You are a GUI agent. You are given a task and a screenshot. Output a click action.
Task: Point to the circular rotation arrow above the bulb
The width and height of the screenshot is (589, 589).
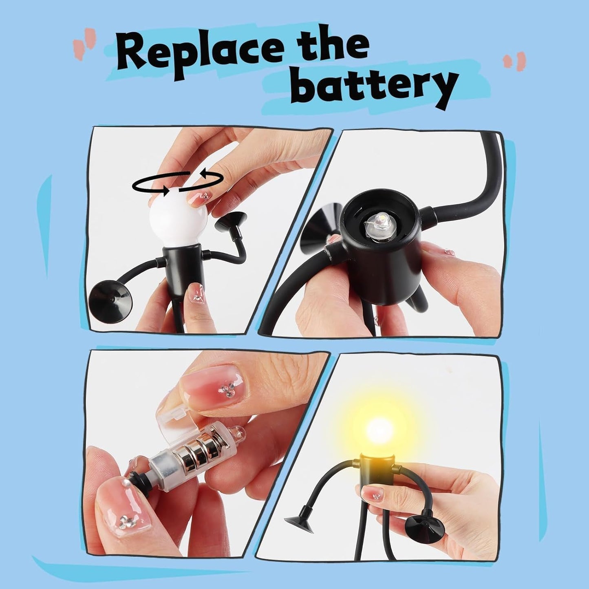coord(178,183)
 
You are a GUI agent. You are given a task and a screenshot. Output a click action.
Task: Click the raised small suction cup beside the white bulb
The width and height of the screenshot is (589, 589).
coord(230,221)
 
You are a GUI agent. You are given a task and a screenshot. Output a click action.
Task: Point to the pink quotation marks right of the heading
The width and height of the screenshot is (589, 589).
coord(514,61)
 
